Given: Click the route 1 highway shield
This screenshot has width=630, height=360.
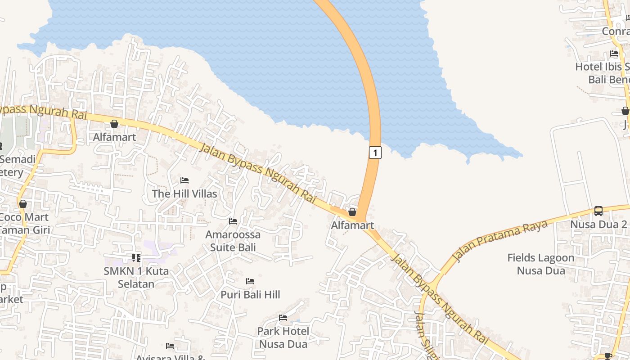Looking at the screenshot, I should coord(375,153).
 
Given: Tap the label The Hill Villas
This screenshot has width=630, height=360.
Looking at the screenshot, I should coord(184,194).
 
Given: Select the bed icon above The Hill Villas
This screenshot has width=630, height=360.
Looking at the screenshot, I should coord(184,180).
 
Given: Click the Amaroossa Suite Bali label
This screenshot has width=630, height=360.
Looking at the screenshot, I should coord(233,241).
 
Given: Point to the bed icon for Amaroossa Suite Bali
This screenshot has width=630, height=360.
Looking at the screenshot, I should coord(233,221).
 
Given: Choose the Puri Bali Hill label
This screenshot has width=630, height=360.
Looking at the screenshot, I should coord(250,295).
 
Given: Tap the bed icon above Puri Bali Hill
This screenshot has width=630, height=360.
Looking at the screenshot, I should coord(250,281).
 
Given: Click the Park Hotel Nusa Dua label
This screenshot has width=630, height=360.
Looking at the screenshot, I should coord(283,337).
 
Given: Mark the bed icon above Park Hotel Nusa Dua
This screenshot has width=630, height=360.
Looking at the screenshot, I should coord(283,318).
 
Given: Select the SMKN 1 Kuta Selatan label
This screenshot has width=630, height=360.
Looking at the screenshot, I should coord(136,278).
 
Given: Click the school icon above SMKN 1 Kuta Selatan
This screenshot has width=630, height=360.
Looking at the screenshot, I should coord(136,258).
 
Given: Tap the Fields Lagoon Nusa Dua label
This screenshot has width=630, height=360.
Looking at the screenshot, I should coord(541,264).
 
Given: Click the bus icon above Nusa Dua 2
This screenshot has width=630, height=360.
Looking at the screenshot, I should coord(598,211).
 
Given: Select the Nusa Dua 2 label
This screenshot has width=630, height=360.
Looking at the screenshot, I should coord(598,224).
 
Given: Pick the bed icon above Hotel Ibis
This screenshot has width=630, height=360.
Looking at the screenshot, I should coord(614,54).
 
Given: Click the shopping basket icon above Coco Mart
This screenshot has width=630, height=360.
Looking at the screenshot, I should coord(23,204).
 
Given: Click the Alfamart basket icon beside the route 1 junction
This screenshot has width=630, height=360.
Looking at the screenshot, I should coord(352,211).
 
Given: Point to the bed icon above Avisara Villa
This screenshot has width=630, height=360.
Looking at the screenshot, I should coord(170,346).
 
